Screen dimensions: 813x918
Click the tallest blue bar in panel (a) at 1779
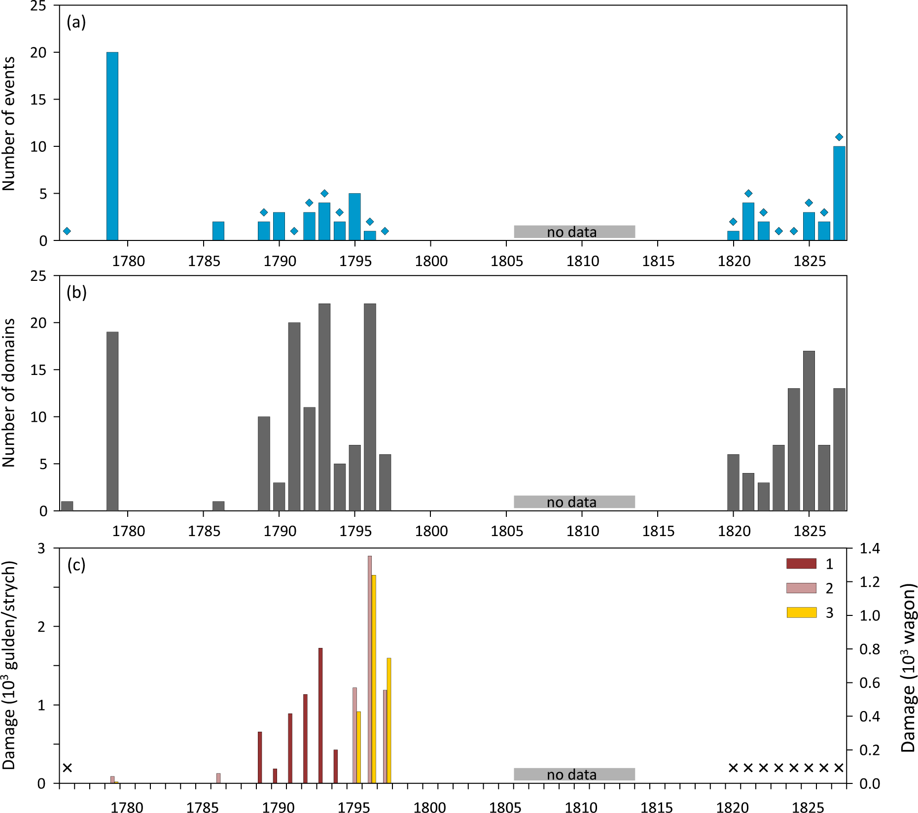pos(112,146)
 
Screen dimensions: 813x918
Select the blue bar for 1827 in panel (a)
pos(839,193)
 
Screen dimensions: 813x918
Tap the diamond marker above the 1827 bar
pos(839,137)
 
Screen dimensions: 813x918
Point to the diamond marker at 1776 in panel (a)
pos(67,231)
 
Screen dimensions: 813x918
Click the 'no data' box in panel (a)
pos(574,232)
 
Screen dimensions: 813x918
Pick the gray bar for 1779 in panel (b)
pos(112,421)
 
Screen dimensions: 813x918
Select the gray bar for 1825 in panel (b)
pos(809,431)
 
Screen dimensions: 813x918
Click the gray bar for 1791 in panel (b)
pos(294,416)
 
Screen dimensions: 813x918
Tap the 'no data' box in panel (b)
pos(574,502)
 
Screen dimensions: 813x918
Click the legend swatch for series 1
pos(801,564)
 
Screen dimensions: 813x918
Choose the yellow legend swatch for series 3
pos(801,612)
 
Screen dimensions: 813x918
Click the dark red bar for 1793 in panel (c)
pos(320,715)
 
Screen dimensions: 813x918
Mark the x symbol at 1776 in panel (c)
pos(68,768)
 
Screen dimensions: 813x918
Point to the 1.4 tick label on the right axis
pos(870,548)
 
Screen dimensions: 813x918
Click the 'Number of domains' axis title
pos(9,393)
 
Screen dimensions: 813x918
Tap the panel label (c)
pos(76,565)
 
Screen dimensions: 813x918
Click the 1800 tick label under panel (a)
pos(431,261)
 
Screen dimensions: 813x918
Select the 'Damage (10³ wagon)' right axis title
pos(908,668)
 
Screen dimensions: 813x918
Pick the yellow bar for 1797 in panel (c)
pos(389,720)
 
